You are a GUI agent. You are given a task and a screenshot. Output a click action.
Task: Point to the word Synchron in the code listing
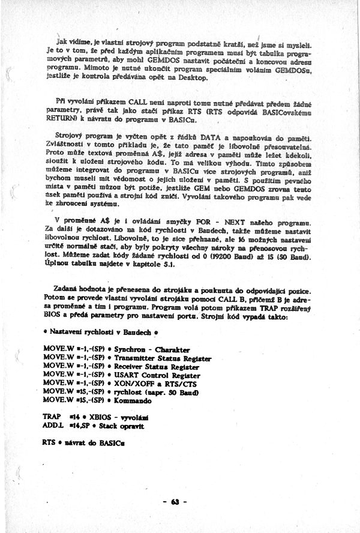point(128,349)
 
